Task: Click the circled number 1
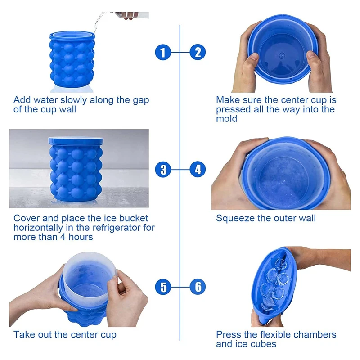pos(163,53)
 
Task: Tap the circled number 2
pos(198,53)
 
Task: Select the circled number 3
pos(163,170)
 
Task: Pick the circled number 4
pos(198,170)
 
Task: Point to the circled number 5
pos(163,287)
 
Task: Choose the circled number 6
pos(198,287)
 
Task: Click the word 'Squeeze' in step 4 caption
pos(234,219)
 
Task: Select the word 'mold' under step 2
pos(226,119)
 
